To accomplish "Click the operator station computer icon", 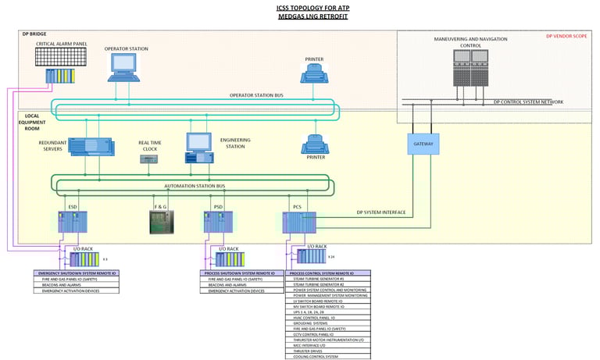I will (124, 68).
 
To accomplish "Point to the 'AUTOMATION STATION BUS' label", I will (195, 186).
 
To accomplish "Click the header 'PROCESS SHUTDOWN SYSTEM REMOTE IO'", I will (240, 273).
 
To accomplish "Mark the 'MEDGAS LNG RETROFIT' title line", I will (300, 16).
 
